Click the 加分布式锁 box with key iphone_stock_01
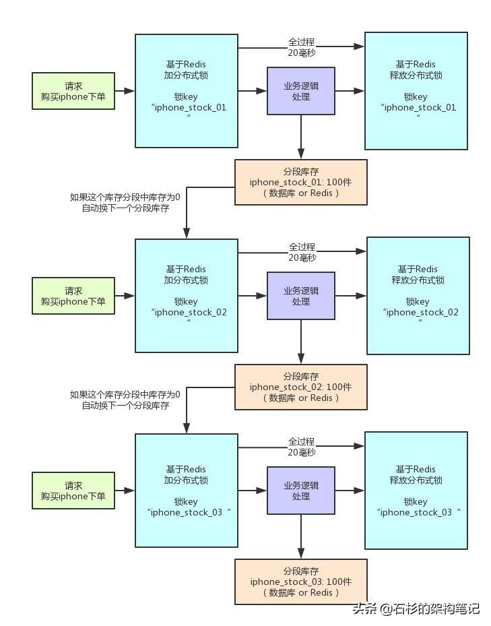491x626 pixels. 187,91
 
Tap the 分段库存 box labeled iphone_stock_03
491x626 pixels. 300,581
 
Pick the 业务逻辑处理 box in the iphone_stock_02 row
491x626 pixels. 301,296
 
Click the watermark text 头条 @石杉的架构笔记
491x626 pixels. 415,608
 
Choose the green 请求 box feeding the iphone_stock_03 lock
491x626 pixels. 73,491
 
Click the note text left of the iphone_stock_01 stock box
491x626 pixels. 125,203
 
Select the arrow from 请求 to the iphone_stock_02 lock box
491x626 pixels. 125,295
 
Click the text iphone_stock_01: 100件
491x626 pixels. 300,183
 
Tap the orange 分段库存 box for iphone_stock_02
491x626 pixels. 300,387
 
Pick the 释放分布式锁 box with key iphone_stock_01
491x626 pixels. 416,91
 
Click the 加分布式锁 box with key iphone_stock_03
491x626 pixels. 187,490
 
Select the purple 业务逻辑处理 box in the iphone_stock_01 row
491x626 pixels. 301,91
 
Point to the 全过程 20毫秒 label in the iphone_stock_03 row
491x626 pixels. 302,447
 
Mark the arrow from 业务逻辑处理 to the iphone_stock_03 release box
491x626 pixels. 350,491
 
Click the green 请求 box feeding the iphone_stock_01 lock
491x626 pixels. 73,91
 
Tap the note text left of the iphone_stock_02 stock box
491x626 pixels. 125,400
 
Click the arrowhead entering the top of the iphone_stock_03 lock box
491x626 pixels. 187,428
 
